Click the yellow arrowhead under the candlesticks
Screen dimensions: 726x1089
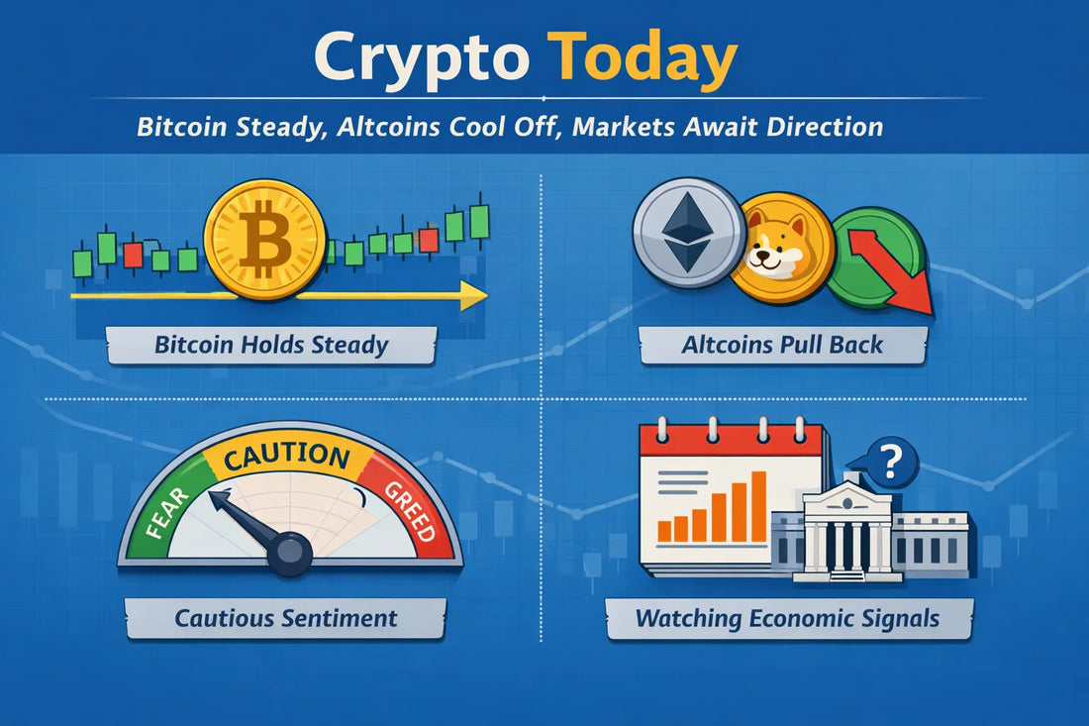474,295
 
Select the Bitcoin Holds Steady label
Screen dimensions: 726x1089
271,346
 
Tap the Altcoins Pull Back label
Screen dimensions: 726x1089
782,346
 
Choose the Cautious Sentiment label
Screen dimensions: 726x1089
285,618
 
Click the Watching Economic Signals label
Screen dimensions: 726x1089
787,619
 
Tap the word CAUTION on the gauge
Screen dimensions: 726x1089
286,458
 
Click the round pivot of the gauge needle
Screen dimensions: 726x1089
290,554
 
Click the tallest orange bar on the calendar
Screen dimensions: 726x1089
758,506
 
